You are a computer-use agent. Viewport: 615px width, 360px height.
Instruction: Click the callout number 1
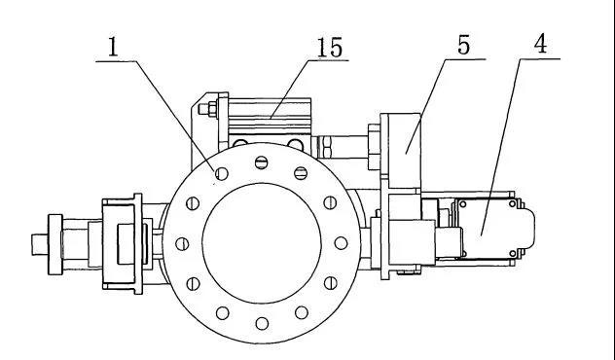pyautogui.click(x=113, y=47)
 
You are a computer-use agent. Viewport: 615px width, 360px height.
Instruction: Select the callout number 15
pyautogui.click(x=330, y=47)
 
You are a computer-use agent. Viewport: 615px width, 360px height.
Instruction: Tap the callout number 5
pyautogui.click(x=463, y=45)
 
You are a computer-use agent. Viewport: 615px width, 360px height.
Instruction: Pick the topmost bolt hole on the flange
pyautogui.click(x=261, y=162)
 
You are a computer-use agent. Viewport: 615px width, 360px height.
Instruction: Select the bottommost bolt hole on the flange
pyautogui.click(x=262, y=324)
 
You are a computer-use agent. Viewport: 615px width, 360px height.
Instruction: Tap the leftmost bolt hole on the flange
pyautogui.click(x=182, y=244)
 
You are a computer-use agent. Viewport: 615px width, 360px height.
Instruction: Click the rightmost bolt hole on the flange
pyautogui.click(x=341, y=243)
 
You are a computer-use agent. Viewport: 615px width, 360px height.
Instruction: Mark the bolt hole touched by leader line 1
pyautogui.click(x=222, y=174)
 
